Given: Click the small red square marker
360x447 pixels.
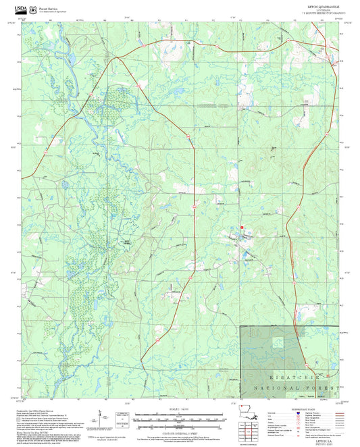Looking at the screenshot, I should point(241,228).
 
